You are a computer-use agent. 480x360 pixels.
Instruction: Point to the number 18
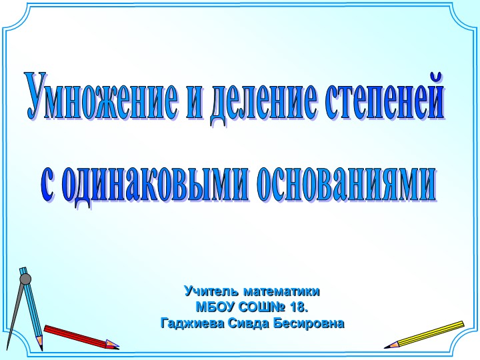click(x=300, y=307)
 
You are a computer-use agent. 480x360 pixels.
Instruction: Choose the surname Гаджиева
click(x=193, y=324)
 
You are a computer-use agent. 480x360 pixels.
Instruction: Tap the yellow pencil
click(x=427, y=334)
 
